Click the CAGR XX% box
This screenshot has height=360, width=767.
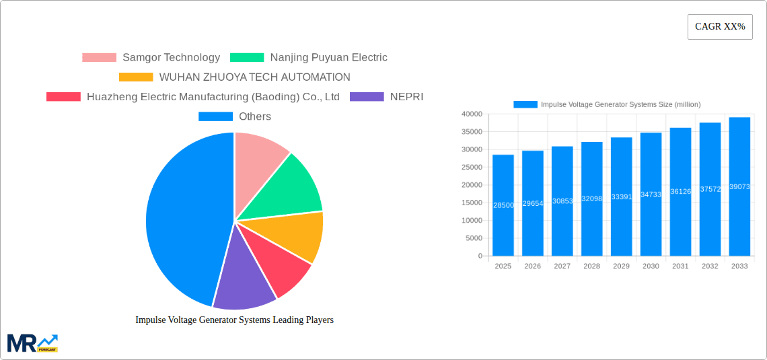point(720,27)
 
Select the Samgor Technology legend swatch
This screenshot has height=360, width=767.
point(99,58)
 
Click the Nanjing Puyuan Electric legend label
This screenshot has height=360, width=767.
point(328,58)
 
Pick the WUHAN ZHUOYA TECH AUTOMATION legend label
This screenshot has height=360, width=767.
point(254,77)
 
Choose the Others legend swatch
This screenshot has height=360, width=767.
point(215,116)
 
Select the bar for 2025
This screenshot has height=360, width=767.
point(503,205)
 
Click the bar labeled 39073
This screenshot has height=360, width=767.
point(739,186)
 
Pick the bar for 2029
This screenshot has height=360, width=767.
point(621,196)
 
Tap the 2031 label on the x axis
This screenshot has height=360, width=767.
point(680,266)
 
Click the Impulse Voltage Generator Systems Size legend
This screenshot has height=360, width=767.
point(607,104)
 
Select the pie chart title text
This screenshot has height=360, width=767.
point(234,320)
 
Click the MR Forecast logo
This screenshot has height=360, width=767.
point(32,343)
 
